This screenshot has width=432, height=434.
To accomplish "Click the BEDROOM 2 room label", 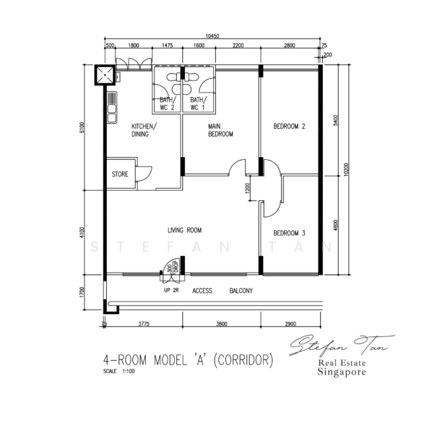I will [289, 127].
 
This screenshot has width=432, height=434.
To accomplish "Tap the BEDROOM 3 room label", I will [289, 233].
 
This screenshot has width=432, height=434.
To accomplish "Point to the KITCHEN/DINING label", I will [144, 130].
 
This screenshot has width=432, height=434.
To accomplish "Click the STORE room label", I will [119, 174].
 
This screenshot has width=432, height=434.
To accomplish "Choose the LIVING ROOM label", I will [184, 230].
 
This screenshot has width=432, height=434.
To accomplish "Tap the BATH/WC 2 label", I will [168, 103].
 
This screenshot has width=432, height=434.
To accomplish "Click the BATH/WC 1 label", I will [198, 103].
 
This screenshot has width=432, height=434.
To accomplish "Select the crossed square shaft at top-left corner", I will [105, 74].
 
